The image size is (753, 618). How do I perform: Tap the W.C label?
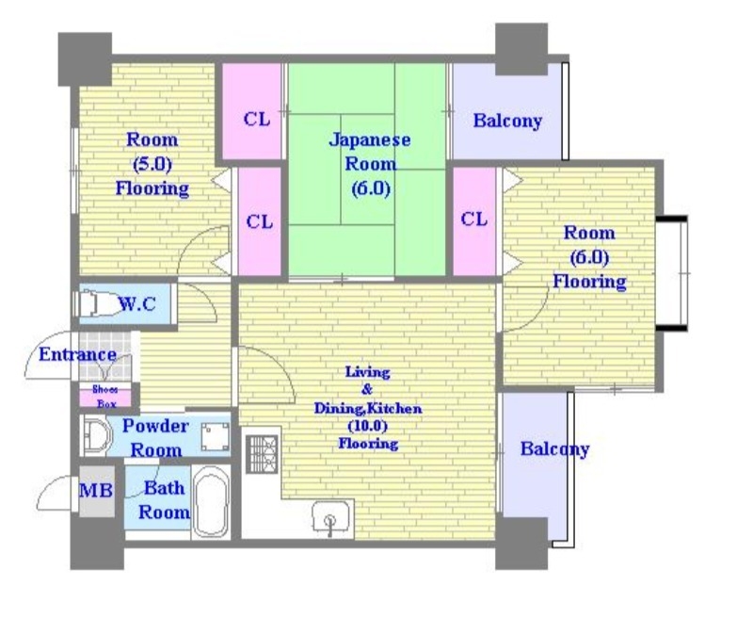[137, 303]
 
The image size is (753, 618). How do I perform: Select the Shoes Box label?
[105, 397]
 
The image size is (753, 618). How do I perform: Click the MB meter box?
[97, 491]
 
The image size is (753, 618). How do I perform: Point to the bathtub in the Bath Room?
[211, 502]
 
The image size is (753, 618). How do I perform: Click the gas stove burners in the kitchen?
[262, 454]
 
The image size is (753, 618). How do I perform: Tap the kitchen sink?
[330, 517]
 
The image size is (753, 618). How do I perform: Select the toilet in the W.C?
[96, 303]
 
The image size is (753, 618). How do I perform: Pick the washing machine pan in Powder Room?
[215, 437]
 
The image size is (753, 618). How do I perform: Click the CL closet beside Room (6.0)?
[474, 221]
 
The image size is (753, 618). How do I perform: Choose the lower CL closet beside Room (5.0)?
[260, 221]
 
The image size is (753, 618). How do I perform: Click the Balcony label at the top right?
[507, 121]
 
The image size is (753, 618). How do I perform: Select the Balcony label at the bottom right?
[554, 449]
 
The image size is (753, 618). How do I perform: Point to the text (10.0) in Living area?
[368, 426]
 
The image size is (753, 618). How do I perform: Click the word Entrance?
[77, 354]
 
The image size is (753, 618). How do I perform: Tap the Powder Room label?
[155, 438]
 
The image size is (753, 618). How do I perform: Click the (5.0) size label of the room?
[152, 164]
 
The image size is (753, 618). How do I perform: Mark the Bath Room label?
[164, 500]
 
